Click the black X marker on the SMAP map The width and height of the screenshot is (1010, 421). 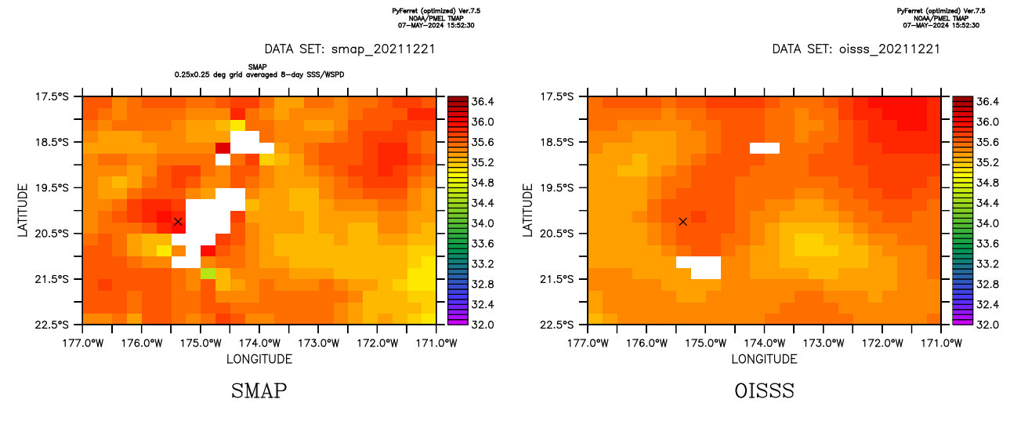click(x=178, y=222)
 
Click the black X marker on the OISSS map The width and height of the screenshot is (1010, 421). click(x=683, y=222)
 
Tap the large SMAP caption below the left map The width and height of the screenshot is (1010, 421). click(x=259, y=390)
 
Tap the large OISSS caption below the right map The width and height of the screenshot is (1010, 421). click(x=764, y=390)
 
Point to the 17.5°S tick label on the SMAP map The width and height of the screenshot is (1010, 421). click(x=60, y=96)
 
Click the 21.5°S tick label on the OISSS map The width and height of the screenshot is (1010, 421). click(x=565, y=279)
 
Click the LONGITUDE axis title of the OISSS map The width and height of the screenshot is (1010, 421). click(x=764, y=359)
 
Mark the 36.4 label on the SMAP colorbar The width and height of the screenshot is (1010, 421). click(x=483, y=102)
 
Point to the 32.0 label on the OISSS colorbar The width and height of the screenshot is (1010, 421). click(x=988, y=324)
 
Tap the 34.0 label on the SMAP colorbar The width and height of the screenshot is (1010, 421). click(x=483, y=223)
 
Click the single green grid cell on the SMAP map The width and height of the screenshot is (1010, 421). click(x=208, y=273)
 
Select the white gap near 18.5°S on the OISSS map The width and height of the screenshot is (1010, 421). click(x=764, y=147)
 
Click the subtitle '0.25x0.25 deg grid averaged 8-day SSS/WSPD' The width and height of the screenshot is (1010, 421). click(x=259, y=74)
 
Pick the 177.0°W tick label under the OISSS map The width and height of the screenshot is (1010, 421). click(x=588, y=343)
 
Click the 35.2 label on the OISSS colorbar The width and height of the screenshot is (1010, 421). click(x=988, y=163)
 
